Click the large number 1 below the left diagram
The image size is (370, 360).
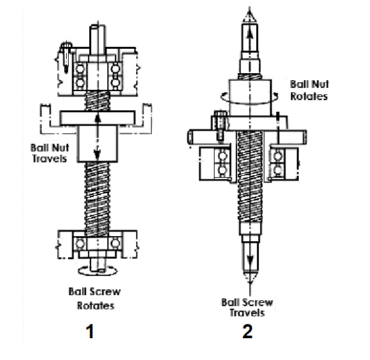[90, 331]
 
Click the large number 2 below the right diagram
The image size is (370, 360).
[247, 331]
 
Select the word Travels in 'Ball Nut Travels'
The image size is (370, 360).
[49, 159]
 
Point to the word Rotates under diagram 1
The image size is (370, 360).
[96, 306]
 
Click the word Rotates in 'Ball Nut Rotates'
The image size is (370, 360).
[309, 96]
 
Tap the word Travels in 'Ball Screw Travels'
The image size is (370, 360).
[247, 313]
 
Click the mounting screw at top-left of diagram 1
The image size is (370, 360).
[66, 56]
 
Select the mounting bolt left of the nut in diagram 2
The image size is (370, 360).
[220, 126]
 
